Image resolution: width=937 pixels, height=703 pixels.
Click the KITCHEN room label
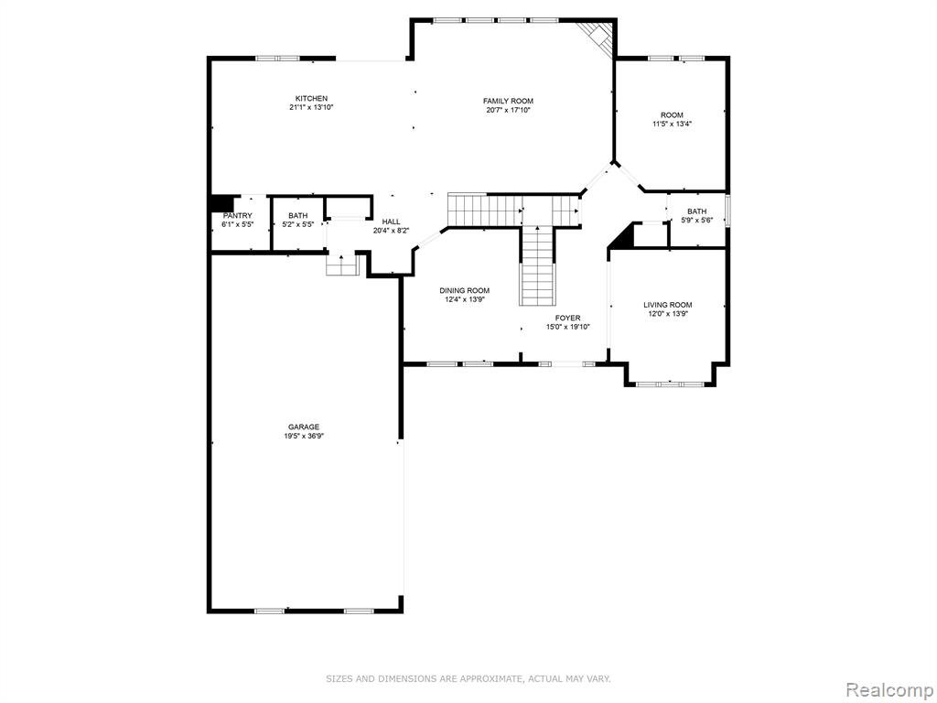[x=311, y=99]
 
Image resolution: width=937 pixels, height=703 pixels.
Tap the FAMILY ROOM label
[x=508, y=101]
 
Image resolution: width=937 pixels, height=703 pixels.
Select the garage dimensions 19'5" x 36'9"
[x=304, y=437]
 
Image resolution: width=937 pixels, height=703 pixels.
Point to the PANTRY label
[x=237, y=216]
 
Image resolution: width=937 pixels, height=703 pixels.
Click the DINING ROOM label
[x=464, y=290]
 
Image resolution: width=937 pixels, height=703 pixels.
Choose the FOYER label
[x=567, y=318]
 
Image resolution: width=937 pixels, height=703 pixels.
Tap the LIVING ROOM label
[x=667, y=305]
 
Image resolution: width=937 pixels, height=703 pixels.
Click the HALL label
[x=391, y=222]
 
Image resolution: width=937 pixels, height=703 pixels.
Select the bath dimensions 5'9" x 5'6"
[x=696, y=220]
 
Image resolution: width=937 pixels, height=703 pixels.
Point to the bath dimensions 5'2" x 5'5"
[x=297, y=225]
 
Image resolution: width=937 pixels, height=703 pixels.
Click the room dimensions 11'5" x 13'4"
[x=672, y=124]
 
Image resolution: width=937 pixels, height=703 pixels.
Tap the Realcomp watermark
[x=889, y=690]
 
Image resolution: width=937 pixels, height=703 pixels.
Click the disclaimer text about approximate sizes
[x=468, y=678]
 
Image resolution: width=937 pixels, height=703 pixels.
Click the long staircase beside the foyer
[x=538, y=265]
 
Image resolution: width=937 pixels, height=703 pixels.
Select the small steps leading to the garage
[x=342, y=265]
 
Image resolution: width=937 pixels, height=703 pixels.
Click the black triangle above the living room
[x=622, y=236]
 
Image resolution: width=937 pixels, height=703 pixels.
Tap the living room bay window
[x=669, y=384]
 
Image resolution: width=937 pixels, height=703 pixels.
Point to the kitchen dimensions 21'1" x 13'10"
[x=311, y=108]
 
